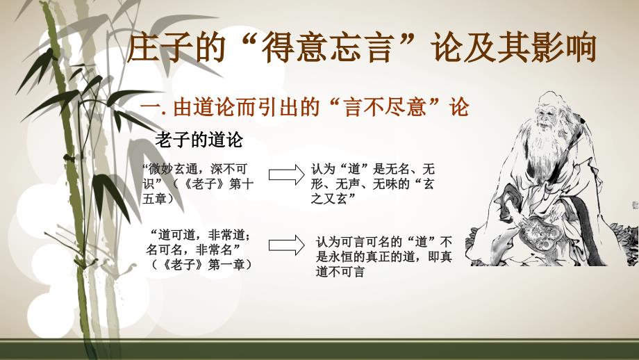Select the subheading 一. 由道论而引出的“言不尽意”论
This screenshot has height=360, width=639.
pyautogui.click(x=305, y=107)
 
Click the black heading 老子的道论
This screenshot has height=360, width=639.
pyautogui.click(x=199, y=140)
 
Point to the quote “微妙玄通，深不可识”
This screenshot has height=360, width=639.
pyautogui.click(x=194, y=176)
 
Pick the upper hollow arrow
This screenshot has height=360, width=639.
pyautogui.click(x=286, y=175)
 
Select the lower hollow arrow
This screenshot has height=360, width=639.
pyautogui.click(x=286, y=245)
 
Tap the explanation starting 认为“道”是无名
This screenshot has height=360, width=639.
pyautogui.click(x=372, y=184)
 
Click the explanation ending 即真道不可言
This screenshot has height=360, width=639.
pyautogui.click(x=384, y=257)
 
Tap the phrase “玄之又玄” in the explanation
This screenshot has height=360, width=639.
pyautogui.click(x=372, y=191)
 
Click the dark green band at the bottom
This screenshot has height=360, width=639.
pyautogui.click(x=319, y=350)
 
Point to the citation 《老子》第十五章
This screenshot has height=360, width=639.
pyautogui.click(x=199, y=191)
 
